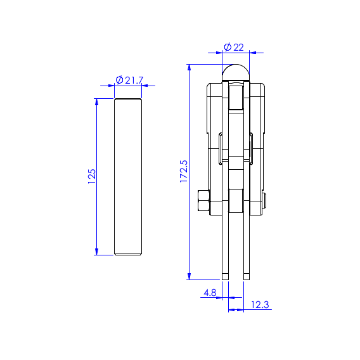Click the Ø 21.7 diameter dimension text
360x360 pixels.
tap(129, 80)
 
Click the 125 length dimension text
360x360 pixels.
tap(92, 176)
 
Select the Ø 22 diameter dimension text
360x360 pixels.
tap(234, 48)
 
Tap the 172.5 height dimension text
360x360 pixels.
tap(184, 171)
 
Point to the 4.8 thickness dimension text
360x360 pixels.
tap(210, 293)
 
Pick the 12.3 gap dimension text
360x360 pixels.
tap(260, 305)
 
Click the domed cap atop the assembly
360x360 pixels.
tap(236, 72)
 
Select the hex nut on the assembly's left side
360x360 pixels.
tap(203, 200)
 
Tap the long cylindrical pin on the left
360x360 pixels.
tap(128, 177)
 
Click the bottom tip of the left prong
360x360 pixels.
tap(225, 280)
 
